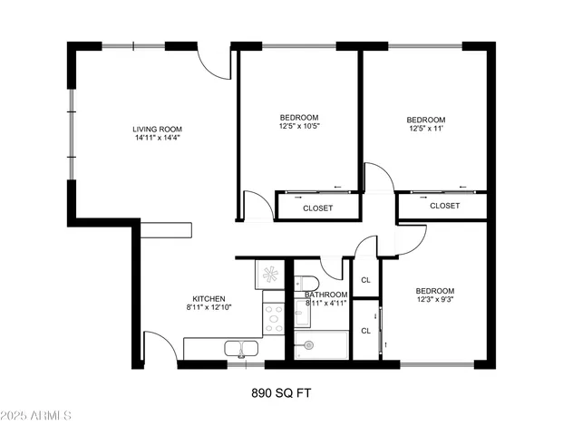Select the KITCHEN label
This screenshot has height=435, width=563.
(x=209, y=299)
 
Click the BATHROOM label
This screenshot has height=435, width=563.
(x=325, y=295)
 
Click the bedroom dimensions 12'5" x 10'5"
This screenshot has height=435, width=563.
(x=299, y=127)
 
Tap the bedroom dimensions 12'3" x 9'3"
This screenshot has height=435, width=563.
(x=435, y=299)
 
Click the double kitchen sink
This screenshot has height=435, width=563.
(x=242, y=347)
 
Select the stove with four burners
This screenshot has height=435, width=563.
(x=273, y=317)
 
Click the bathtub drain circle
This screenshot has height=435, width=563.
(x=309, y=344)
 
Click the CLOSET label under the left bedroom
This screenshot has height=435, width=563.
(x=317, y=208)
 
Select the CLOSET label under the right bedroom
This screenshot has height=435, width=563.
(x=444, y=206)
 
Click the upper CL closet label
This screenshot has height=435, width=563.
(x=366, y=280)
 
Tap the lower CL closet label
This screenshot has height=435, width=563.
(x=366, y=331)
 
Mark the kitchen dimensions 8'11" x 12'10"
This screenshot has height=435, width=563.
(x=209, y=309)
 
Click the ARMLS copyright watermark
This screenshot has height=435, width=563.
(x=37, y=416)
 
